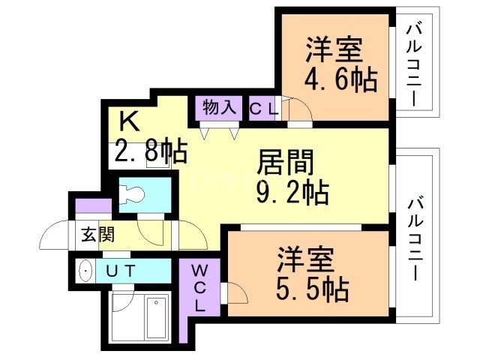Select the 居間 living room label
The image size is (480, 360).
pos(286,161)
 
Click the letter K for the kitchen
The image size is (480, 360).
pos(129,120)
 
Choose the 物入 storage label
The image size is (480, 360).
pos(218,108)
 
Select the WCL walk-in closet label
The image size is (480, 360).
pos(200,287)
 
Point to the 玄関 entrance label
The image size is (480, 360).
pos(98,235)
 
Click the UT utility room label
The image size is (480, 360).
pos(119,271)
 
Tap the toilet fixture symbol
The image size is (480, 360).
pos(133,193)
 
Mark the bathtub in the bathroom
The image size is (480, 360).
pos(157,319)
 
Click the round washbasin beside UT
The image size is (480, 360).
pos(86,271)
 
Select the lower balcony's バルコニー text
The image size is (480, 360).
pos(416,239)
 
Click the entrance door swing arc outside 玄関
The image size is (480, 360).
pos(54,238)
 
